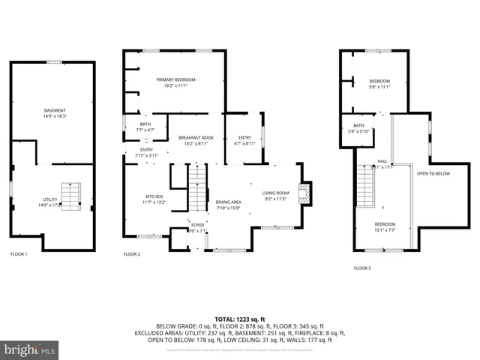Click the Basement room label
(55, 113)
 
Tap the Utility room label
(50, 202)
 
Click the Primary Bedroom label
(175, 82)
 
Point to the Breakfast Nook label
(196, 140)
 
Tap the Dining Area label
(229, 205)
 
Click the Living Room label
(275, 196)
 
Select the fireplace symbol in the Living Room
(304, 193)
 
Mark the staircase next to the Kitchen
(196, 189)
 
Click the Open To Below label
(433, 173)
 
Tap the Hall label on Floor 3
(382, 163)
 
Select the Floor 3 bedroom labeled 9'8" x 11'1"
(379, 84)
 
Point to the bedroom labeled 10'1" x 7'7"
(385, 226)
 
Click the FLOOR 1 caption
(18, 254)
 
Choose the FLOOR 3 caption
(363, 268)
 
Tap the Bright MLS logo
(30, 349)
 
